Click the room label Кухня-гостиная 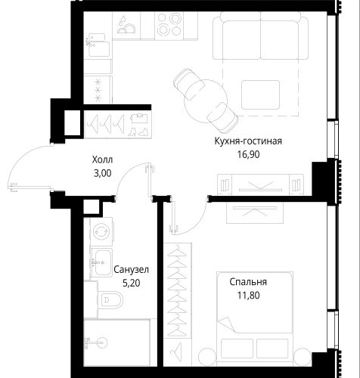248,141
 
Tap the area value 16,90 248,154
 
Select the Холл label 102,160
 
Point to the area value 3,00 102,173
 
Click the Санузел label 132,270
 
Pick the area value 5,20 132,283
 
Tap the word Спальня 248,282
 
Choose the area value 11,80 248,295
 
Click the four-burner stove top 169,25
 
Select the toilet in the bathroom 110,300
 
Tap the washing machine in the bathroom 101,231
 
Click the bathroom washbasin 101,262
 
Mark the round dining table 206,101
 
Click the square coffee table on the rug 260,94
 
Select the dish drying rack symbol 126,25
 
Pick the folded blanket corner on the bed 228,324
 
